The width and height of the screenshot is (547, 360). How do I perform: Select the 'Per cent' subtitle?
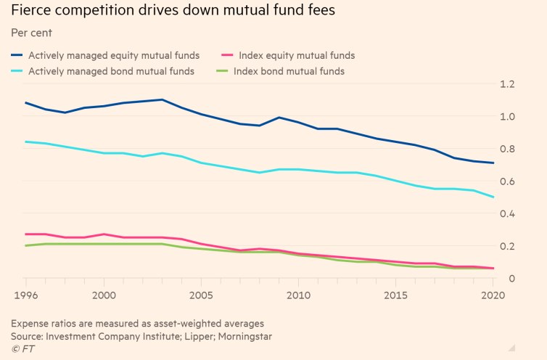32,33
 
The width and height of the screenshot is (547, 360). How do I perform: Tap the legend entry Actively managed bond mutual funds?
111,71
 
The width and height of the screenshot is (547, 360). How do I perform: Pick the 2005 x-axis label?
202,295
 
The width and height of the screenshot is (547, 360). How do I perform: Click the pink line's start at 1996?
26,234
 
